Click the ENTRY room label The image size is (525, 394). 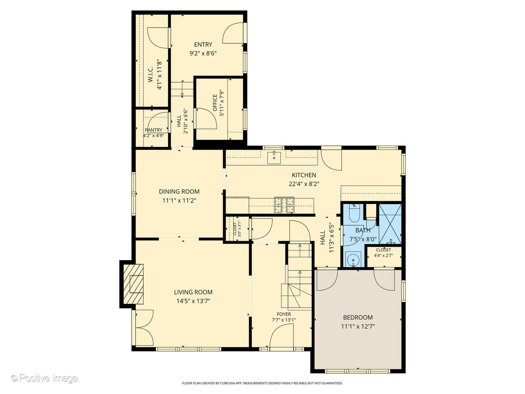(203, 45)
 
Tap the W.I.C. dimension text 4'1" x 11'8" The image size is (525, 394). (160, 74)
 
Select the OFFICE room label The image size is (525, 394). (215, 103)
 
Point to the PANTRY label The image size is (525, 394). (153, 130)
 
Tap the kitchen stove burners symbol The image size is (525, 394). (284, 205)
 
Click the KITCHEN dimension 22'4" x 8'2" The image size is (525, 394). (304, 184)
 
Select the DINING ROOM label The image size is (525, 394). (179, 192)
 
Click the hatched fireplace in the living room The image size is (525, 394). (133, 284)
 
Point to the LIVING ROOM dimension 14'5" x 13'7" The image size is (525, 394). (193, 301)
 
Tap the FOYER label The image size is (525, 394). (284, 314)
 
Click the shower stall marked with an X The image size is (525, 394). (390, 224)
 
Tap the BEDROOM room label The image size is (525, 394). (358, 317)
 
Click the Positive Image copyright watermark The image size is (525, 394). (44, 378)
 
